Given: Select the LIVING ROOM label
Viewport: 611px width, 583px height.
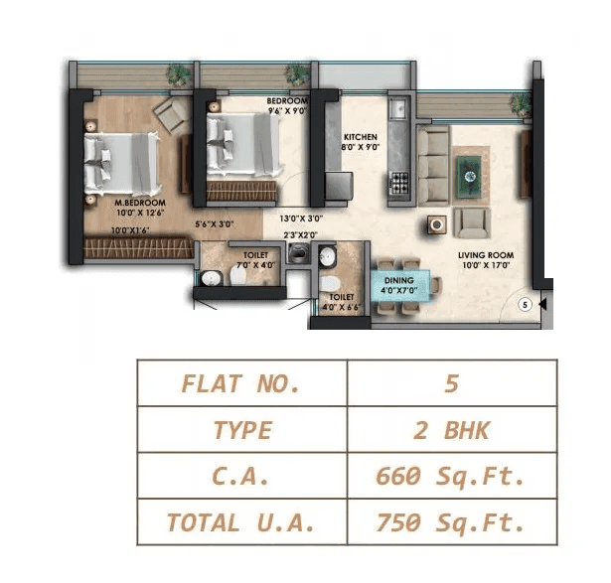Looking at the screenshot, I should (484, 255).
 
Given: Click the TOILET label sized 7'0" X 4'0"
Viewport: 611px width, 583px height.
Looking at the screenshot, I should (255, 255).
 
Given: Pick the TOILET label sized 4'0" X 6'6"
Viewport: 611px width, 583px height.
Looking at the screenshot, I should (341, 297).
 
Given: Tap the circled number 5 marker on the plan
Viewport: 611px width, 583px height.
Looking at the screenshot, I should (526, 305).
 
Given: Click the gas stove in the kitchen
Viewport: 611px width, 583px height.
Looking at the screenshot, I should (401, 182).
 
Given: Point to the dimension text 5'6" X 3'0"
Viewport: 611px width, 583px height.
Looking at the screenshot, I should (215, 225).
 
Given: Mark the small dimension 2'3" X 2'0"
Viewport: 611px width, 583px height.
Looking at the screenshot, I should (299, 235).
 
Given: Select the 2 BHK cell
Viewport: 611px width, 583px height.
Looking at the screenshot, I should (451, 429).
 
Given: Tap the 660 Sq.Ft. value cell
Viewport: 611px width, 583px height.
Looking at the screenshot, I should (451, 475).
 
